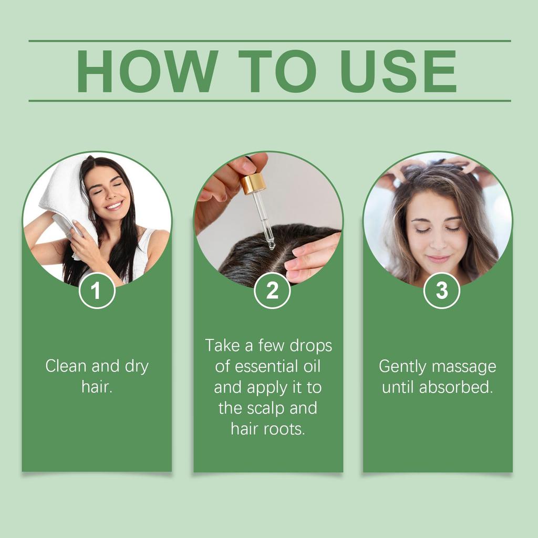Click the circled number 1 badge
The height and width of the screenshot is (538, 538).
[97, 291]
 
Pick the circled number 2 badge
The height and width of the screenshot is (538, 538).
[272, 291]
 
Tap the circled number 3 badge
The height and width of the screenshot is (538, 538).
[442, 291]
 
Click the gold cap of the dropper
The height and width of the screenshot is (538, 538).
[253, 183]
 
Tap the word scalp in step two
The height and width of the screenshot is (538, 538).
[266, 408]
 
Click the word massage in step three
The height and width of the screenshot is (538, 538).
[465, 366]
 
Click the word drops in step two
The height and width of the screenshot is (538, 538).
[311, 346]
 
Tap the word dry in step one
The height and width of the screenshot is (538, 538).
[137, 366]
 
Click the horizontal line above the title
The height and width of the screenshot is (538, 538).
[269, 40]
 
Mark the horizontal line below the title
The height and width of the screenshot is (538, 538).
[269, 100]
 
